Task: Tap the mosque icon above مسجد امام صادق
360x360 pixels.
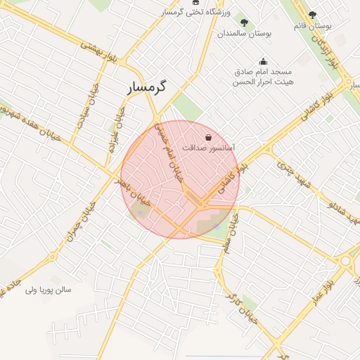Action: point(263,61)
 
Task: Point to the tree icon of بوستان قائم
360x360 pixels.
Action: point(313,14)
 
